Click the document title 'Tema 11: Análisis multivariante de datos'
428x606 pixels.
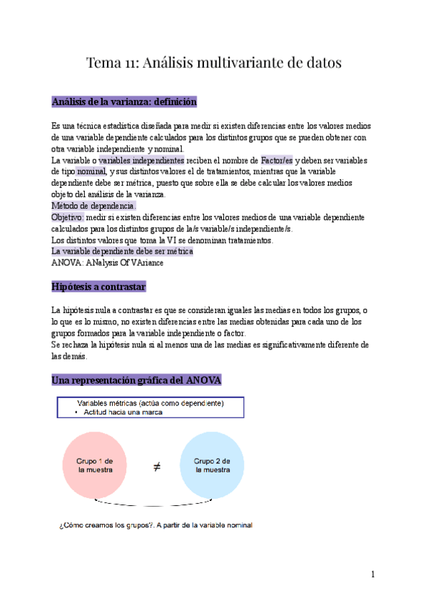[214, 63]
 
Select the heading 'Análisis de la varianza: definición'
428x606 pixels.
[124, 102]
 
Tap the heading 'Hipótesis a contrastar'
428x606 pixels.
[99, 287]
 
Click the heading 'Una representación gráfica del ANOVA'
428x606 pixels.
[136, 379]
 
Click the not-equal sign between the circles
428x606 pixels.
[156, 467]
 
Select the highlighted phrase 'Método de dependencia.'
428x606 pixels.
[93, 206]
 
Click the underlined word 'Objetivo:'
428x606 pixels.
[68, 217]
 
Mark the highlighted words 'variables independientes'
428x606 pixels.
[141, 160]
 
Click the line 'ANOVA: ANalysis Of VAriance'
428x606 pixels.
[108, 263]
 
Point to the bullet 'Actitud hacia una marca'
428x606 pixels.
[127, 412]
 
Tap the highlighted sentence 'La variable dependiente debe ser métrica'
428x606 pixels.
[122, 252]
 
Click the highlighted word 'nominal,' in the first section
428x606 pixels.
[92, 172]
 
